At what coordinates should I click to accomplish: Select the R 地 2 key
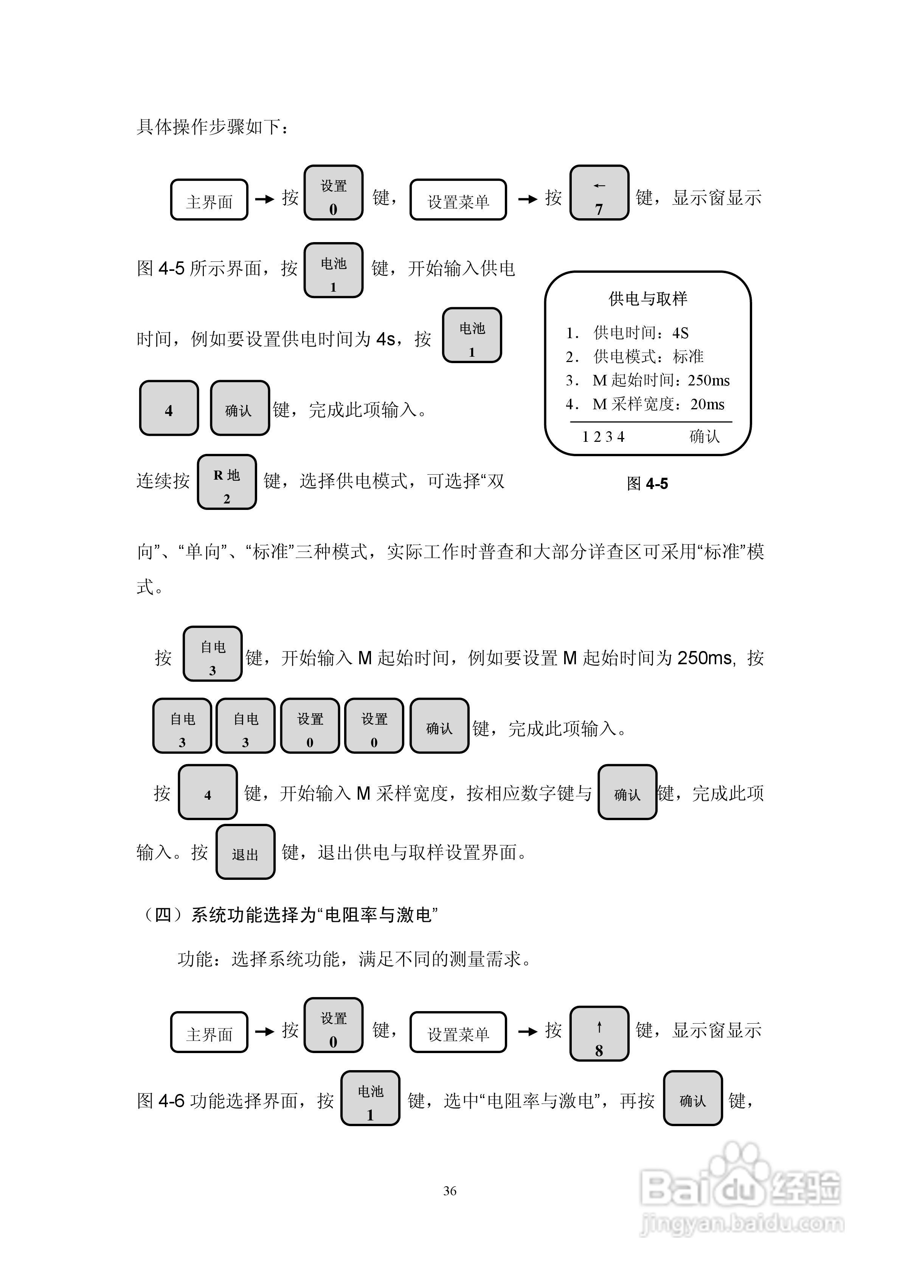click(227, 482)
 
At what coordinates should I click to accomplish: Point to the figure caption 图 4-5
click(647, 484)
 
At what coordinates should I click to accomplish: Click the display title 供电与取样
click(647, 299)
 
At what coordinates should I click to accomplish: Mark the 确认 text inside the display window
click(704, 437)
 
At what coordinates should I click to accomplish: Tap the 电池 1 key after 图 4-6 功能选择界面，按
click(370, 1098)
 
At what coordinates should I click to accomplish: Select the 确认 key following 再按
click(692, 1098)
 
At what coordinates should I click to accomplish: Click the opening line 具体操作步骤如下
click(213, 127)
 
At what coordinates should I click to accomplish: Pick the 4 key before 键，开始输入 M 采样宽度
click(208, 792)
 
